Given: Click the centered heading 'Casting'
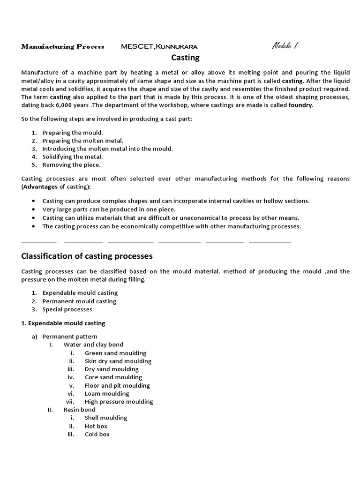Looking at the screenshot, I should (185, 58).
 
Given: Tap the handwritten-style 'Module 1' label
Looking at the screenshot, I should (285, 46).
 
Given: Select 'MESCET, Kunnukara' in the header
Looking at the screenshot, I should (159, 46).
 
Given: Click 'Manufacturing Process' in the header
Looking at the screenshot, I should (60, 46).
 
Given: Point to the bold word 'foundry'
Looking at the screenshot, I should (300, 105).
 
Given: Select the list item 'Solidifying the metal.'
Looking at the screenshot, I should (73, 157).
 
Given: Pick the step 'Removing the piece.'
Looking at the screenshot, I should (71, 165).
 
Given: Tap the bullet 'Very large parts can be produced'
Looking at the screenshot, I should (109, 209).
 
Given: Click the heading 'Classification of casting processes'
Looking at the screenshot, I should (87, 256).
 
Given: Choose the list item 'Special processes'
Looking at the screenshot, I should (67, 309).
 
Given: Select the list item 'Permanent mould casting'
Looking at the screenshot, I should (79, 301).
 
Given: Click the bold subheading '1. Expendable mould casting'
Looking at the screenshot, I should (64, 323).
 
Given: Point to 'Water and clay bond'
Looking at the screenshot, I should (93, 345).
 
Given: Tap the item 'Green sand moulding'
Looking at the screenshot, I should (115, 353).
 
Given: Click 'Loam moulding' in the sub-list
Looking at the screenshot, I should (107, 393).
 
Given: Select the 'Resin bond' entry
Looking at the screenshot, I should (79, 410).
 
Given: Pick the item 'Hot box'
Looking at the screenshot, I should (96, 426).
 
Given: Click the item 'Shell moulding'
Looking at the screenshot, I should (106, 418).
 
